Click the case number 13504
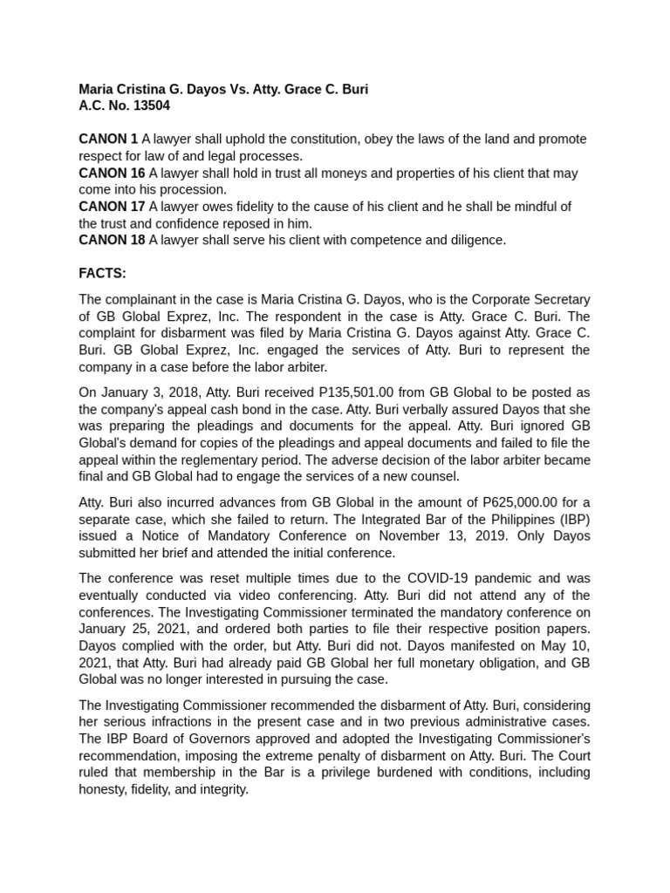(148, 106)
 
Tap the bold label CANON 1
(108, 140)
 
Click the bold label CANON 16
(112, 174)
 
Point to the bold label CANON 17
(112, 207)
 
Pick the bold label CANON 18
(112, 240)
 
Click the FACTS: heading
(102, 274)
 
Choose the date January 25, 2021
(128, 628)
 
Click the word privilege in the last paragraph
(330, 772)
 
